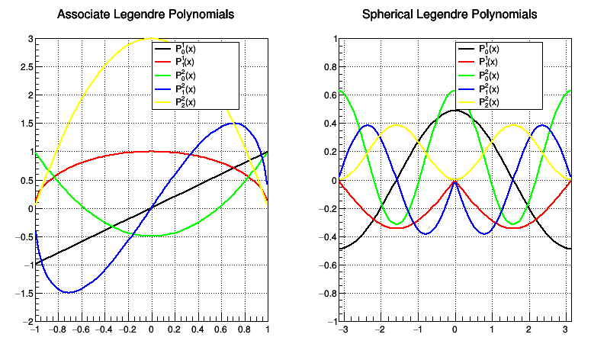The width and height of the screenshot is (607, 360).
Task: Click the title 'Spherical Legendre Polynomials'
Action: click(449, 14)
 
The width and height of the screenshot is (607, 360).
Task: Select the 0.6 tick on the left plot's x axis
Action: click(221, 330)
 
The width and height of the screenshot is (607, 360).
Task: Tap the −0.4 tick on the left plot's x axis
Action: click(104, 330)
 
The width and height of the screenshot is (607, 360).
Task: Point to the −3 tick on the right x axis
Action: click(343, 330)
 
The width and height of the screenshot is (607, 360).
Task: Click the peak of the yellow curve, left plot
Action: click(151, 39)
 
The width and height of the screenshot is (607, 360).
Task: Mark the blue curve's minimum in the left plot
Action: click(69, 292)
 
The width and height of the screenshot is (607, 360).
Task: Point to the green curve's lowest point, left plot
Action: click(151, 236)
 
